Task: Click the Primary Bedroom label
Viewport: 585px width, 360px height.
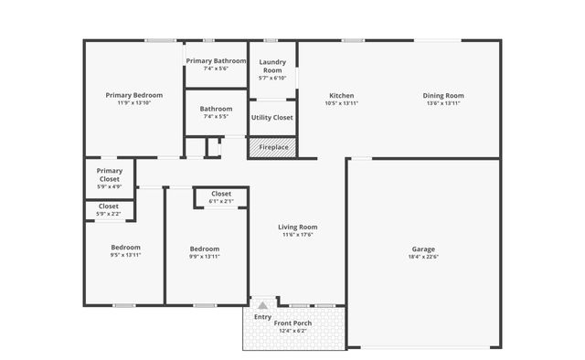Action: pos(133,95)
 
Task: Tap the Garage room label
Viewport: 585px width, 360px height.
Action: pos(423,249)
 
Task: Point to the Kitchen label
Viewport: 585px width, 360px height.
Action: pos(341,95)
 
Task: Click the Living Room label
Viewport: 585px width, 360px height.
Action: pos(297,227)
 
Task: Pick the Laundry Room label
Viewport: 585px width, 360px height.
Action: pos(272,66)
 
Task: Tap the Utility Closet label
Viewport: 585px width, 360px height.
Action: pos(271,117)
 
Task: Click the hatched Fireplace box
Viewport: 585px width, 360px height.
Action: pos(272,147)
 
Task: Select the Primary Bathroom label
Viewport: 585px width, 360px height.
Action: pos(215,60)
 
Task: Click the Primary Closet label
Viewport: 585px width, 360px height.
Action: pos(109,175)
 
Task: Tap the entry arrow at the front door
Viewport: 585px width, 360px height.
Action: pos(262,304)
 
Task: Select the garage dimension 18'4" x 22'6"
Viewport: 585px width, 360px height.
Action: pos(423,257)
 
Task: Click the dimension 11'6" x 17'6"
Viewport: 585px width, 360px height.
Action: pos(297,235)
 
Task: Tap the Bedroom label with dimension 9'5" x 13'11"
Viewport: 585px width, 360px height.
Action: pos(125,248)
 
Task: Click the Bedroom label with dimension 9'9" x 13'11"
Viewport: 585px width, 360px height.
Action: pos(205,249)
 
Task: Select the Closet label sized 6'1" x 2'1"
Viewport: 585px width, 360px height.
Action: pos(221,194)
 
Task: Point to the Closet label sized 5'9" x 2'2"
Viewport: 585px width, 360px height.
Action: pos(109,206)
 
